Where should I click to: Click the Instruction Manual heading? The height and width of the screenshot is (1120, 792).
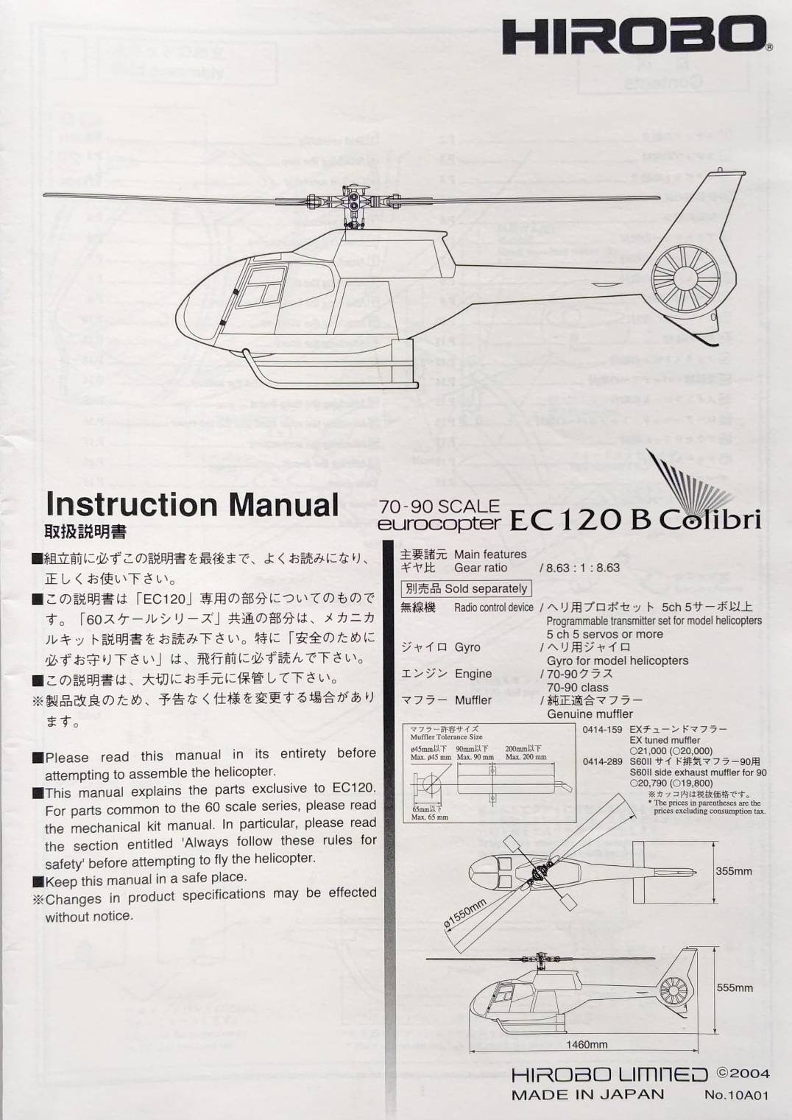(x=191, y=504)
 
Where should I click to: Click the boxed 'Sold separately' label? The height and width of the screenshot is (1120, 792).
(x=466, y=588)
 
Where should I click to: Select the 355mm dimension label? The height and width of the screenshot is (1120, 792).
(x=734, y=871)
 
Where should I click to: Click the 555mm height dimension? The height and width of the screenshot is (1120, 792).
(x=734, y=987)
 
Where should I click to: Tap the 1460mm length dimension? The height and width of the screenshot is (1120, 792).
(x=587, y=1044)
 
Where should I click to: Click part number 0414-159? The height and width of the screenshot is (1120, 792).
(x=602, y=729)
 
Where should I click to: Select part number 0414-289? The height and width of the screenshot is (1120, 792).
(x=602, y=761)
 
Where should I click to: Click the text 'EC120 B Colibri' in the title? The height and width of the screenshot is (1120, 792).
(x=634, y=519)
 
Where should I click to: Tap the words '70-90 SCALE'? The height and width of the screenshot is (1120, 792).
(x=439, y=506)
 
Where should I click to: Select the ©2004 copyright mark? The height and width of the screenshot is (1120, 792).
(x=743, y=1074)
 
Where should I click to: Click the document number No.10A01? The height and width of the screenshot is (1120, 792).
(x=736, y=1095)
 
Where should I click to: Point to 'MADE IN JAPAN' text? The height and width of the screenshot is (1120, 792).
(x=587, y=1094)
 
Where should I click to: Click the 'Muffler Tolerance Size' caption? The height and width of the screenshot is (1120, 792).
(x=446, y=736)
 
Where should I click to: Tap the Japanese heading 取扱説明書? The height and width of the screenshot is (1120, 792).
(x=85, y=531)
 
